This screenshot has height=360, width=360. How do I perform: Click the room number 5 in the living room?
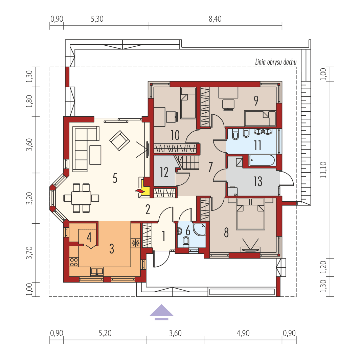115,178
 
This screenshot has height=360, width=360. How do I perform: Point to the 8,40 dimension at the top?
215,19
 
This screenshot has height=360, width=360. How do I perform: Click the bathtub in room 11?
262,160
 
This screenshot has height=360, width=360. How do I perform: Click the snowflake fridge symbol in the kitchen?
135,243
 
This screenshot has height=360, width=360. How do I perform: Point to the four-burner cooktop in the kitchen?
74,262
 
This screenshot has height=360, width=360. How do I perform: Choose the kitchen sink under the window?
97,271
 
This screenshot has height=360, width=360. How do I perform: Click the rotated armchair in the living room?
119,140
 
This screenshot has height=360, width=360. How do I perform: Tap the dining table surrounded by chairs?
81,198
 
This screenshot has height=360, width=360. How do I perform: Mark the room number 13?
258,181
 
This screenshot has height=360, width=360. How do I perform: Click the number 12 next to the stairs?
164,173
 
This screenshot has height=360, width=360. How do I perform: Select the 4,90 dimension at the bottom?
243,333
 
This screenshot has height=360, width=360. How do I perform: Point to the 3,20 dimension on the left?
30,198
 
